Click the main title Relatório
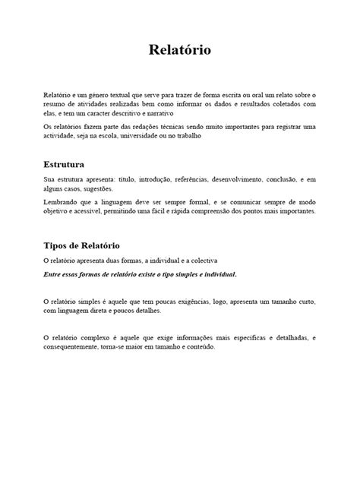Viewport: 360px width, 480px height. click(x=179, y=51)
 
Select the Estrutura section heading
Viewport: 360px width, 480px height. click(x=64, y=163)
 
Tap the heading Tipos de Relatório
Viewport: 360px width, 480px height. click(x=81, y=246)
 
